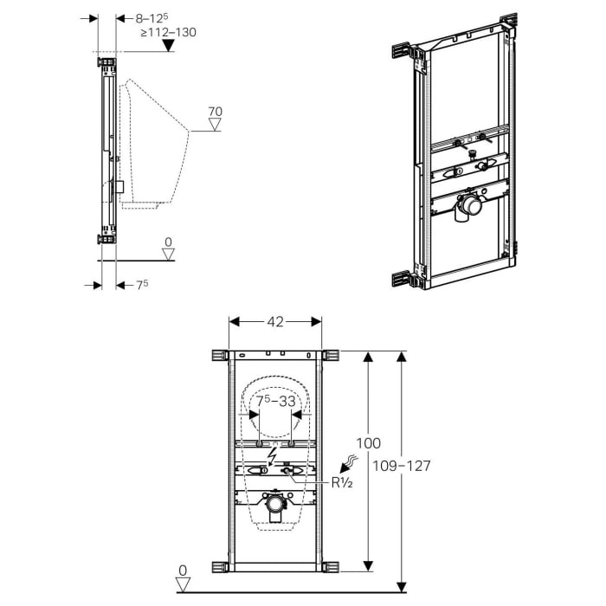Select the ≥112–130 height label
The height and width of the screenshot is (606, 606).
pyautogui.click(x=168, y=32)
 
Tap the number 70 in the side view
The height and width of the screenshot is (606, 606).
pyautogui.click(x=216, y=111)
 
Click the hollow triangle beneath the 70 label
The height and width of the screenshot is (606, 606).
pyautogui.click(x=216, y=126)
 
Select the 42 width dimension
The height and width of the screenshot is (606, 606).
pyautogui.click(x=274, y=321)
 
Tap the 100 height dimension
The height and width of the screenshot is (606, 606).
pyautogui.click(x=369, y=443)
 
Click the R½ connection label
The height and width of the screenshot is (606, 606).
pyautogui.click(x=340, y=483)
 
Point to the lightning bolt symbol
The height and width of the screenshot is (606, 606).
pyautogui.click(x=274, y=455)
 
